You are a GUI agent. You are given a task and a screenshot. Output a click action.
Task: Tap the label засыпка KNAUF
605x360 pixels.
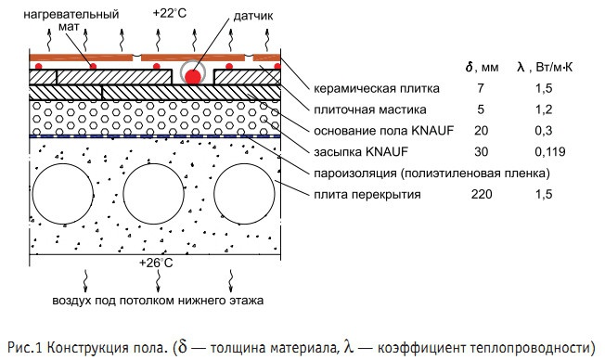(x=354, y=151)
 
